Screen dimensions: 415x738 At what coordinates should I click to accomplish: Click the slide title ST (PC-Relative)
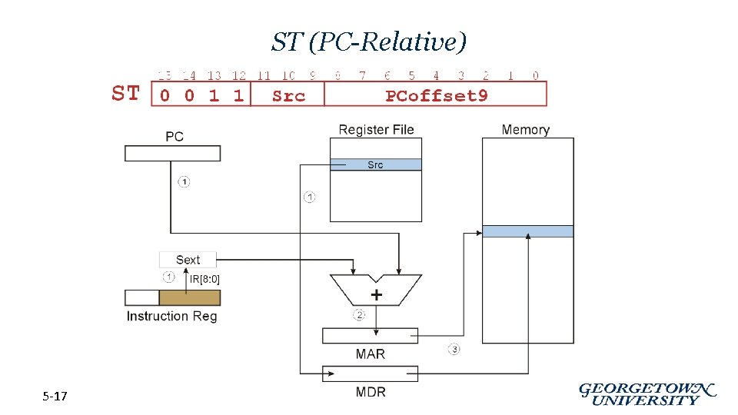(369, 42)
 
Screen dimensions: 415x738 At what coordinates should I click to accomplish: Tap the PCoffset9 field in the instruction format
(436, 95)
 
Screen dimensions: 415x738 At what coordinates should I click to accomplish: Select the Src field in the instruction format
(288, 95)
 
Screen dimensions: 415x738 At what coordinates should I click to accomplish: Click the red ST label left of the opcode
(126, 94)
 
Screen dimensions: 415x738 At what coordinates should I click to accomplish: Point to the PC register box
(172, 153)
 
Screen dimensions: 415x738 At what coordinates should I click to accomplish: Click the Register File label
(376, 130)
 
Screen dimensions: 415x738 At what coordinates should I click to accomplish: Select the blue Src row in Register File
(375, 164)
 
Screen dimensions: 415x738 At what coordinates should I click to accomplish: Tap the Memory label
(525, 130)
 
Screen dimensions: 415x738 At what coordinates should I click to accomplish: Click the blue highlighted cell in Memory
(527, 231)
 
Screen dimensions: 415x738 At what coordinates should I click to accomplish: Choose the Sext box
(188, 260)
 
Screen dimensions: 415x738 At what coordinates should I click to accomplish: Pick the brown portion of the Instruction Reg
(189, 297)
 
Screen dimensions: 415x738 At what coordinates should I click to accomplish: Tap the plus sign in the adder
(377, 295)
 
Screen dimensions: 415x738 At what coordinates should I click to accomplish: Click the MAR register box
(370, 336)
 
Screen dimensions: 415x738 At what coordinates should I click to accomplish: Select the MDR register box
(370, 373)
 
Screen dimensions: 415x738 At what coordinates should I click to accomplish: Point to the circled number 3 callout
(454, 350)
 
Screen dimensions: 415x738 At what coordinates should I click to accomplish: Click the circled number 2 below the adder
(359, 315)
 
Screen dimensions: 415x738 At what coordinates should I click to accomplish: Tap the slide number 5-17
(55, 397)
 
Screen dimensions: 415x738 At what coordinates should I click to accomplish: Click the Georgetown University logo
(647, 393)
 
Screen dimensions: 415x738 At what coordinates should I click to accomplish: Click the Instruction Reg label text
(171, 316)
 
